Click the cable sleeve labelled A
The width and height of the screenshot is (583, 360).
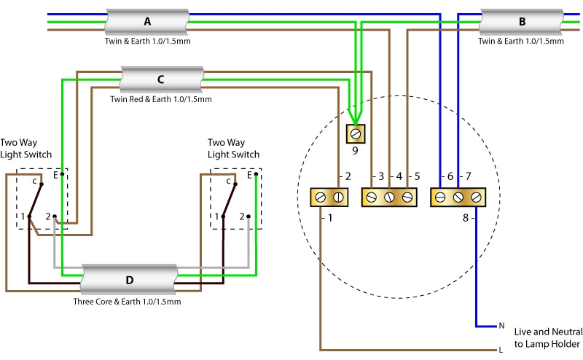[148, 22]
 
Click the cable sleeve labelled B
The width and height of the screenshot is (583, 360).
[521, 22]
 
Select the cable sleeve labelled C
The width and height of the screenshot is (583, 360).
[160, 79]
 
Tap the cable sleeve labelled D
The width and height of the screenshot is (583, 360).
[129, 279]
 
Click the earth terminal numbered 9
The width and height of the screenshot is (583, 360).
[355, 134]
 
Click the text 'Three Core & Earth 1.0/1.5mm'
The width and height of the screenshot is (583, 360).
[127, 301]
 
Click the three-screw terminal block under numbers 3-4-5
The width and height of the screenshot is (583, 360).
[389, 197]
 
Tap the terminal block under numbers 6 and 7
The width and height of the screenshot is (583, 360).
[458, 197]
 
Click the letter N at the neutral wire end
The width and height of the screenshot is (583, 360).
[501, 326]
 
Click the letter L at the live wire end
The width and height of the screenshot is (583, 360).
[501, 351]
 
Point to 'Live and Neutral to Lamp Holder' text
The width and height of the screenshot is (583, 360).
[547, 337]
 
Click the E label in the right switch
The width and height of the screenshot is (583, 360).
[249, 175]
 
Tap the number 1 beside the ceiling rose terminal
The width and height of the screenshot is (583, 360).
[329, 218]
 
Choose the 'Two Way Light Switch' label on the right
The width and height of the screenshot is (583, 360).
[233, 149]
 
